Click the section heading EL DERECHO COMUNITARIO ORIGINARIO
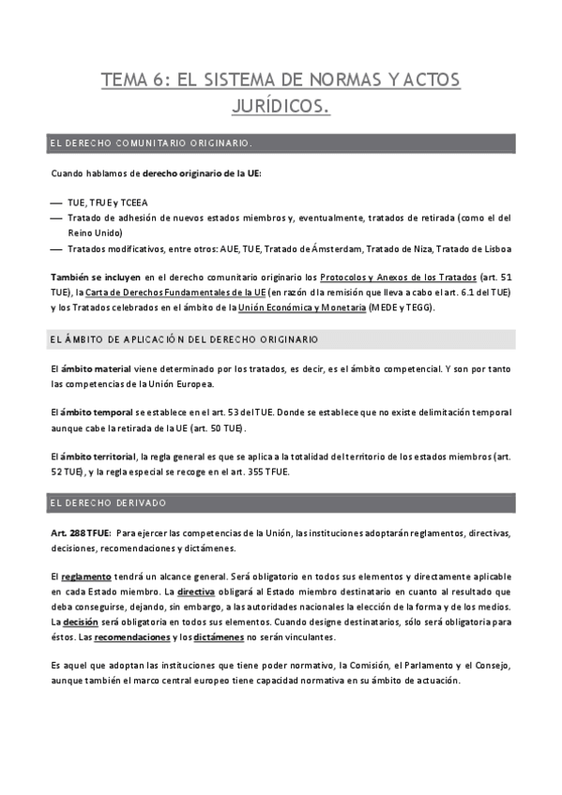pos(151,143)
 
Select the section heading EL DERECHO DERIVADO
pos(108,503)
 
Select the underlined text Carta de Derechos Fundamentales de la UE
pos(179,293)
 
